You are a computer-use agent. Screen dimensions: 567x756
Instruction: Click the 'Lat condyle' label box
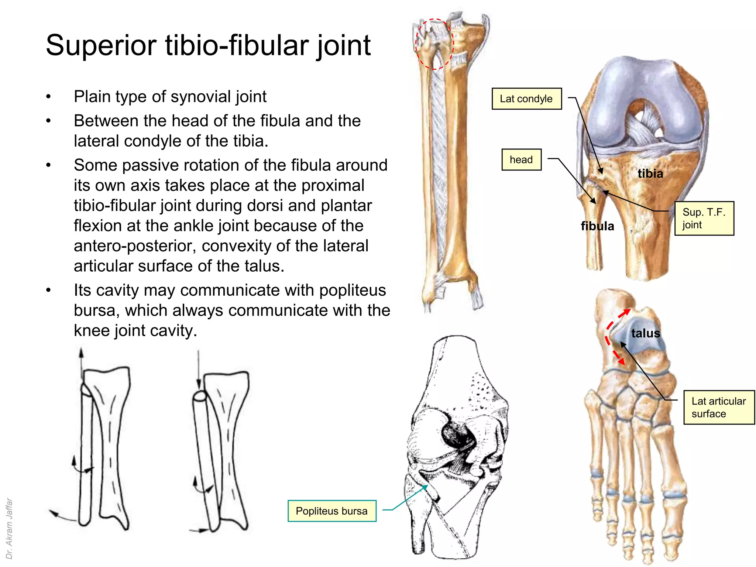click(x=526, y=99)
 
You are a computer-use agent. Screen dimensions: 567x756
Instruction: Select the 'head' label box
click(x=521, y=159)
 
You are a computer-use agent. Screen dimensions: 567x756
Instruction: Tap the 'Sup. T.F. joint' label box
click(x=704, y=219)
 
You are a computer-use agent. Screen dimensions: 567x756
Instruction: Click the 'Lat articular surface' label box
click(x=719, y=407)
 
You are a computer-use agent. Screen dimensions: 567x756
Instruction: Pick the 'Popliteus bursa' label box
click(x=331, y=511)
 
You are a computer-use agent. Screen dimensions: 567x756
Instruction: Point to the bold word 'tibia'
click(x=650, y=173)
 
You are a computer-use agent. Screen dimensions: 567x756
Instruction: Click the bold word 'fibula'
click(x=597, y=226)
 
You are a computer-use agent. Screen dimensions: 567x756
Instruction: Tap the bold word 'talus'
click(x=645, y=333)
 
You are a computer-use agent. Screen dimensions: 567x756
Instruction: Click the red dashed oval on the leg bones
click(x=434, y=44)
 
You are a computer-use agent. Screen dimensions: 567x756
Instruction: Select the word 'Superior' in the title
click(x=101, y=45)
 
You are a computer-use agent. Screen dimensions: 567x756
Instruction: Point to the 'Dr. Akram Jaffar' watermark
click(x=9, y=528)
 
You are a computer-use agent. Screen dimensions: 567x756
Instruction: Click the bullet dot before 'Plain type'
click(x=48, y=97)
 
